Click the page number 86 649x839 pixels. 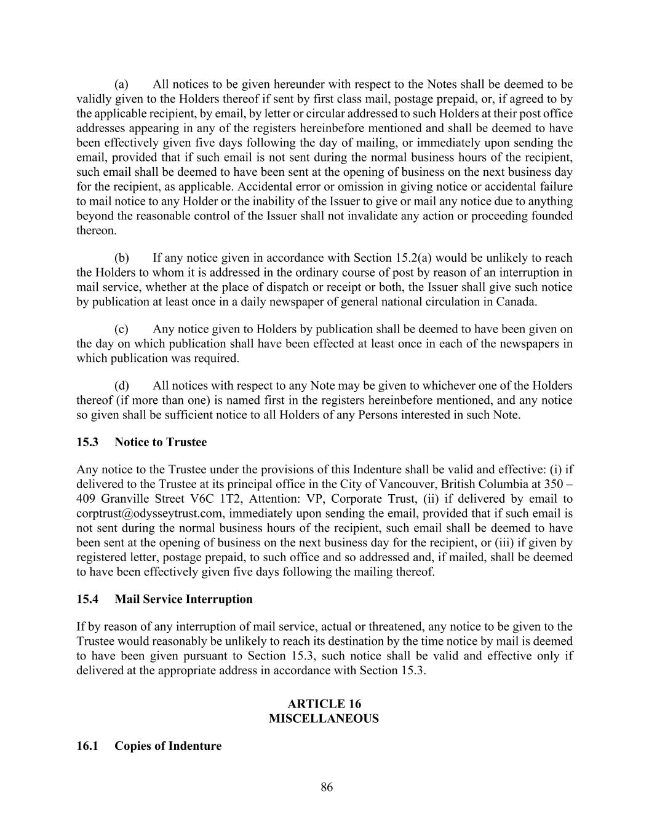pos(327,787)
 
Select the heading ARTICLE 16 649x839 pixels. pos(324,704)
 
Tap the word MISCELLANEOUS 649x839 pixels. pos(324,719)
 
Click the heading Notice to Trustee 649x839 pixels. pos(161,443)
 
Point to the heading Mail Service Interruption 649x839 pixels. pos(183,599)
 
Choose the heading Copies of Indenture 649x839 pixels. pos(168,746)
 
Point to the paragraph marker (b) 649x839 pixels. pos(121,258)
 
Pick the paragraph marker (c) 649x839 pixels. pos(121,329)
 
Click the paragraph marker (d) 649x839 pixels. pos(121,386)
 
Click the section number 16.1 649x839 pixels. pos(87,746)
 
